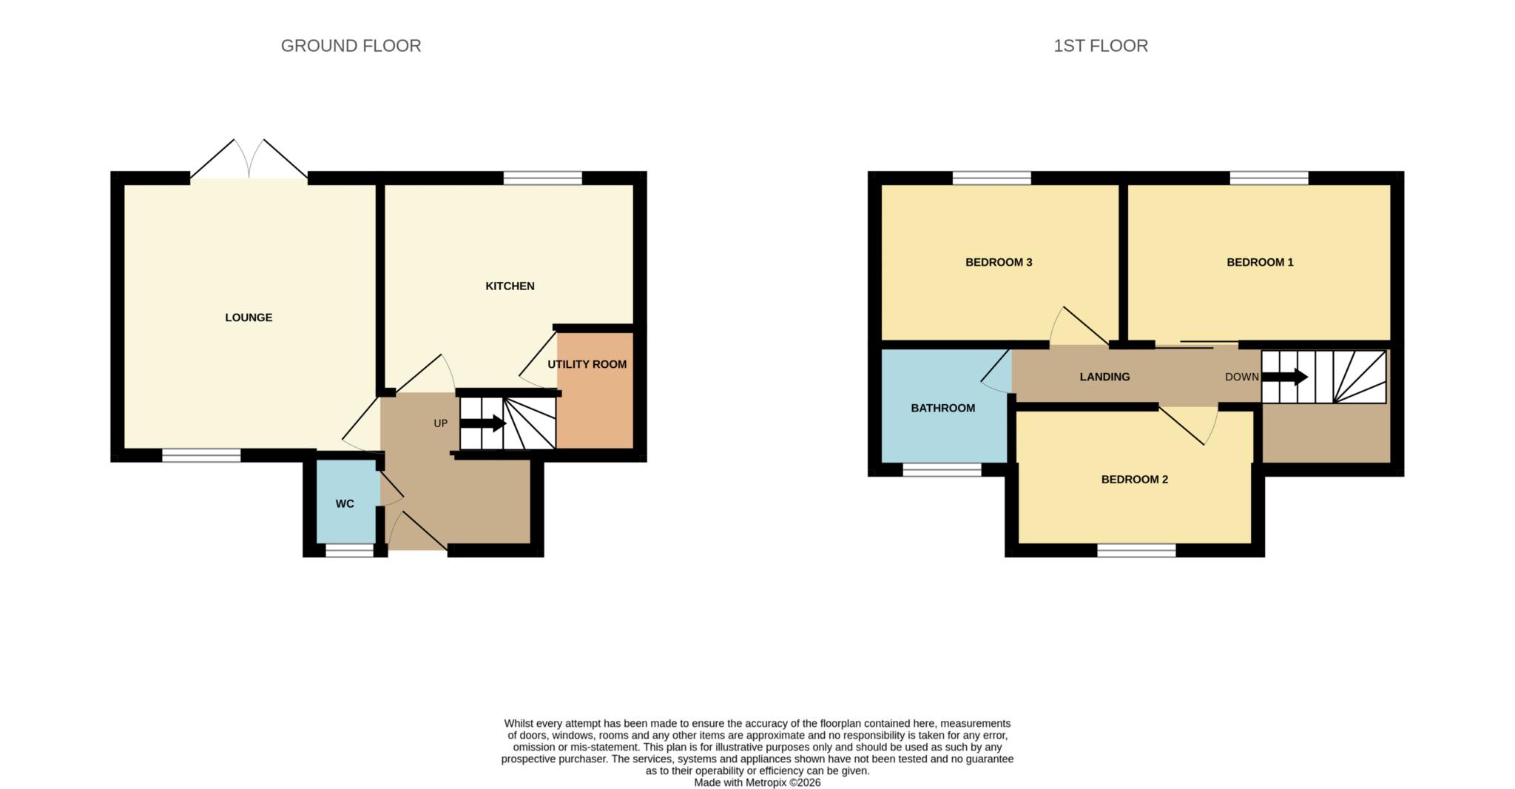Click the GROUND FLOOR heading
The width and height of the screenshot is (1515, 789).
click(351, 46)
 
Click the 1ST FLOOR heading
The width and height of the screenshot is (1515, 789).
click(1100, 46)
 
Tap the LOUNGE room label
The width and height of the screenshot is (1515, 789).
click(249, 318)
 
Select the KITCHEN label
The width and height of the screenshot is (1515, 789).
click(510, 286)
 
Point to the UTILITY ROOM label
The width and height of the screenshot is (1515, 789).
click(587, 364)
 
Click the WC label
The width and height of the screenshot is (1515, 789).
click(345, 504)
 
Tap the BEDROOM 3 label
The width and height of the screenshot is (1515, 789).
click(999, 262)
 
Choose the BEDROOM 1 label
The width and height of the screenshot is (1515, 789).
click(1260, 262)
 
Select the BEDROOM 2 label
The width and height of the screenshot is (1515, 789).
click(1134, 480)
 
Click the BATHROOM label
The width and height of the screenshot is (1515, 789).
click(942, 408)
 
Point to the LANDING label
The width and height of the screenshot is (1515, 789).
click(1104, 377)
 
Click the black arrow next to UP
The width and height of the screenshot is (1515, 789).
click(483, 423)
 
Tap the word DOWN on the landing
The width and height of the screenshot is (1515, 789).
click(1241, 377)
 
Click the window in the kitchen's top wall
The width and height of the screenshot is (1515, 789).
click(542, 178)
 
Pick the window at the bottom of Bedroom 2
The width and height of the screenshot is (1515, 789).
click(1136, 551)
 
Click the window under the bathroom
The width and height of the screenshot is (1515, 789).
click(942, 470)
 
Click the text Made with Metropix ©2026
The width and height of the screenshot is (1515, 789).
click(757, 782)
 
